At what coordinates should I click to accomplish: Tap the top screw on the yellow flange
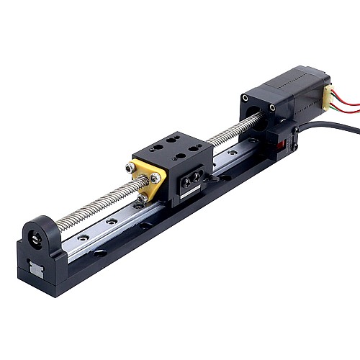(x=130, y=168)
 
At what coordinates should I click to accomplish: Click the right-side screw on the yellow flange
(x=155, y=177)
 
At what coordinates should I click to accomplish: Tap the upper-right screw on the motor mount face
(x=272, y=108)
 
